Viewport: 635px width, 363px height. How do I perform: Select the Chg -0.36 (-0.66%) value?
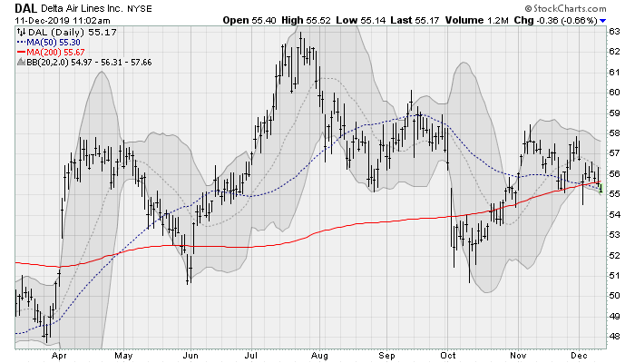point(562,19)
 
